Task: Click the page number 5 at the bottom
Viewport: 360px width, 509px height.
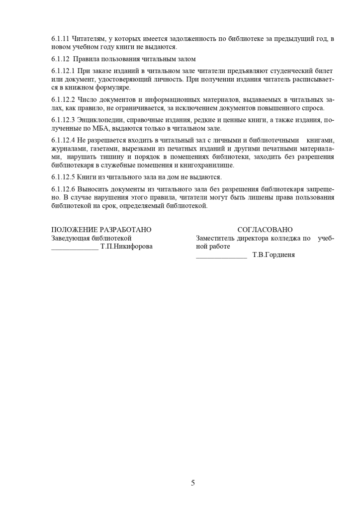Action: (x=193, y=483)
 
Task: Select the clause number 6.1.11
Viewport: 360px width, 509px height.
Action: (x=60, y=39)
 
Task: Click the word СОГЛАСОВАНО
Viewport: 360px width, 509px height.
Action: (x=265, y=230)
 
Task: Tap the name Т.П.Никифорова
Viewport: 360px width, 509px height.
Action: (x=126, y=247)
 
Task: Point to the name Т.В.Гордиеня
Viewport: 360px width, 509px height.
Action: (x=273, y=255)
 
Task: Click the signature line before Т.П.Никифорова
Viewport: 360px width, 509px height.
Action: (x=75, y=248)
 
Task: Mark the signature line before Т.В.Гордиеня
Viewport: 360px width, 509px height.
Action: (x=221, y=256)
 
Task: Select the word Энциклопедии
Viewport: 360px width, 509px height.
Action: (x=101, y=120)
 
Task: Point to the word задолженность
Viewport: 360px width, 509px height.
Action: (x=191, y=39)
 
